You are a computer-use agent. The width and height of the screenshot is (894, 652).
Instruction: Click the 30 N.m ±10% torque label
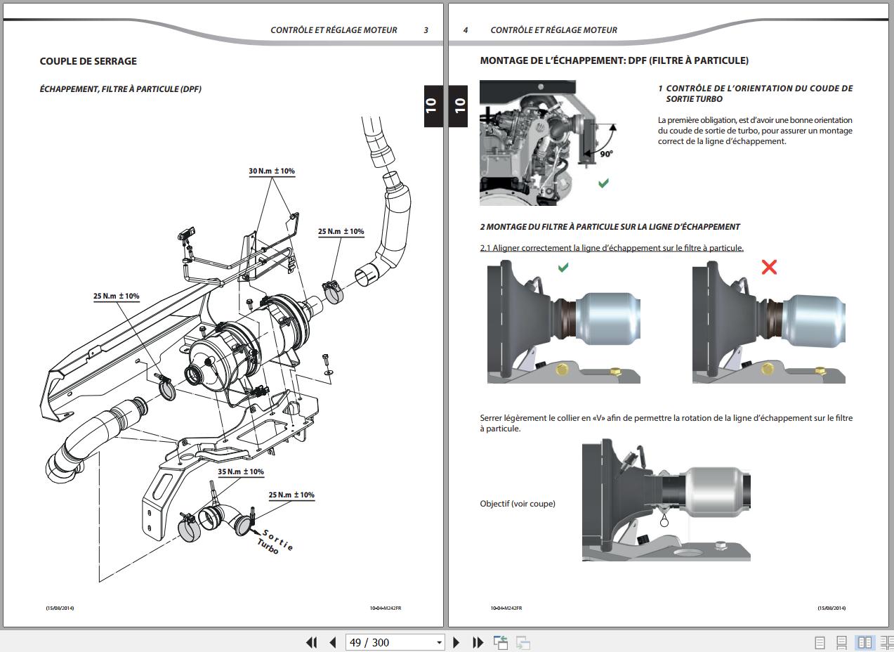click(272, 171)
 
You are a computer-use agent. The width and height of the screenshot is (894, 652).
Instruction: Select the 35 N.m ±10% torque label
click(240, 472)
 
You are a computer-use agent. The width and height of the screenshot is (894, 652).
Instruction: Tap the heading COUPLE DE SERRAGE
click(88, 61)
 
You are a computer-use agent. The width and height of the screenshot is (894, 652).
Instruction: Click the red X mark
click(769, 267)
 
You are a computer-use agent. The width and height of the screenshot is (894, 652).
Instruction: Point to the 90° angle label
click(606, 153)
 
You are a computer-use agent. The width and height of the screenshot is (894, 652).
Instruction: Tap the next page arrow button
click(456, 642)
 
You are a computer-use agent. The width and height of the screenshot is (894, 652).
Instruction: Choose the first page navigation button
click(311, 642)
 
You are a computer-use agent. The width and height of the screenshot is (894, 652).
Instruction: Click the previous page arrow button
click(333, 642)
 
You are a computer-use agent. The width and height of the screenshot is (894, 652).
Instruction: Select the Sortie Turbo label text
click(275, 542)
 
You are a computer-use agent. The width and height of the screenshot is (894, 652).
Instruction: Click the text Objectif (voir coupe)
click(518, 504)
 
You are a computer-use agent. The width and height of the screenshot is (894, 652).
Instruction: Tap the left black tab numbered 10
click(431, 105)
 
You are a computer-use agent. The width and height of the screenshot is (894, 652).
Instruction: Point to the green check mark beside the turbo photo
click(603, 183)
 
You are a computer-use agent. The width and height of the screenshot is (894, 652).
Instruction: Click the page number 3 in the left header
click(426, 30)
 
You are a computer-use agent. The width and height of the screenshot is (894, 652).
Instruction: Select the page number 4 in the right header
click(466, 30)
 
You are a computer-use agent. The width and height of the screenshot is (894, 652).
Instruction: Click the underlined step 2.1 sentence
click(612, 248)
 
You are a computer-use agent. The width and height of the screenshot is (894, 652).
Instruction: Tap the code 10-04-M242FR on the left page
click(386, 608)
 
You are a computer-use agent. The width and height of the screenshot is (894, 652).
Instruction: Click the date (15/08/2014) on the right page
click(831, 608)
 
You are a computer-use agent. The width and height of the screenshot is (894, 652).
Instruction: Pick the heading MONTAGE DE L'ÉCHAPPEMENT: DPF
click(614, 61)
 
